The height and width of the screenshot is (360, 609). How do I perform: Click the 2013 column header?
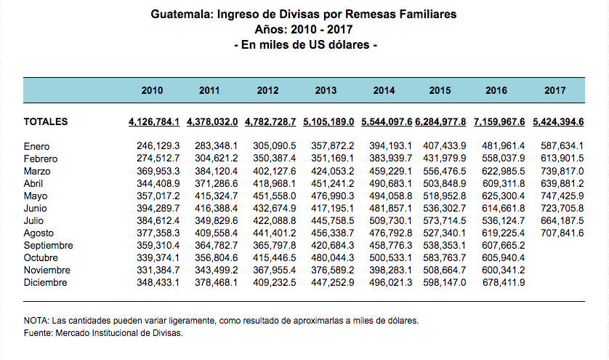(x=326, y=91)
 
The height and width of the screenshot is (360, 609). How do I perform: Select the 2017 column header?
(x=555, y=91)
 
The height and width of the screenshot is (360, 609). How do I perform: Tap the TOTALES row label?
(x=46, y=121)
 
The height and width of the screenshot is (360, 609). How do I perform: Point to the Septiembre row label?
(x=49, y=246)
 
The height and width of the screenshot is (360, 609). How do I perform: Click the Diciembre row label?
(x=45, y=283)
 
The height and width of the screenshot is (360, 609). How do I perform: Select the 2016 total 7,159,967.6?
(x=501, y=121)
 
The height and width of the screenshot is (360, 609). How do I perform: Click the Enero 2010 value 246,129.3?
(x=158, y=147)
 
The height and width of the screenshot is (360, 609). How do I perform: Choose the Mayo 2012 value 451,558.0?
(x=275, y=196)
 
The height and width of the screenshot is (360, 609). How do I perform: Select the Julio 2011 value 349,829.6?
(x=217, y=221)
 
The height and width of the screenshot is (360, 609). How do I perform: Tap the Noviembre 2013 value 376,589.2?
(x=333, y=271)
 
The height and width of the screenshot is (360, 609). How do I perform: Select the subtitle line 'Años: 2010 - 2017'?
(x=305, y=30)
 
